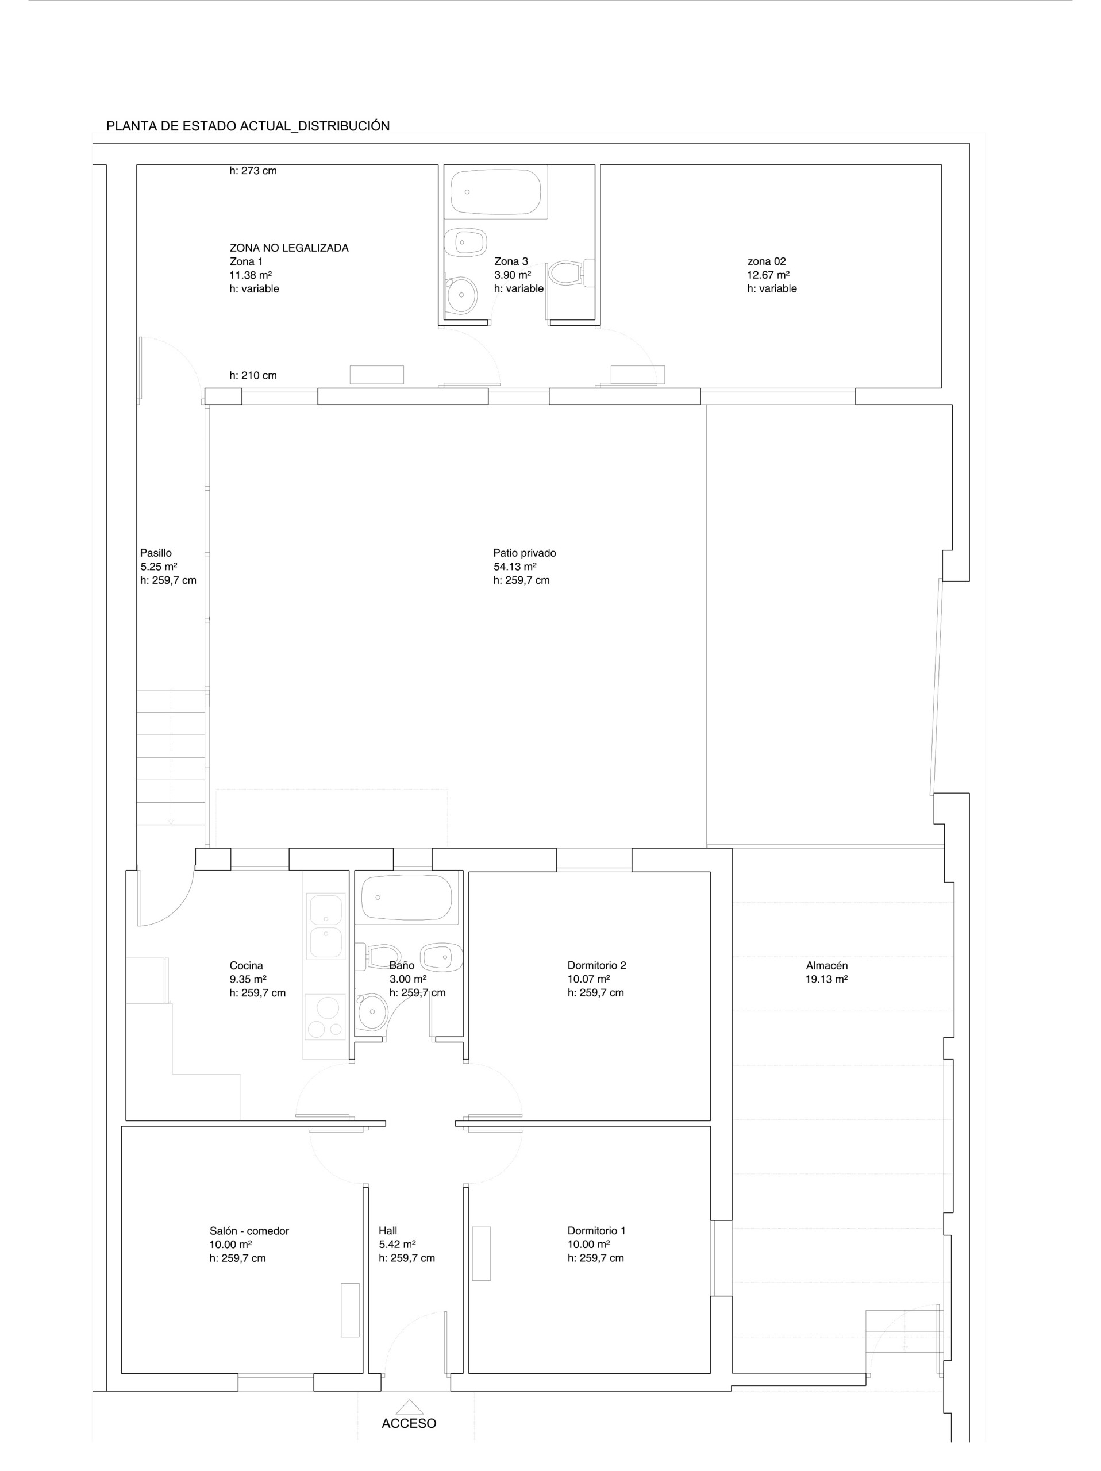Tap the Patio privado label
point(524,553)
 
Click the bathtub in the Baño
point(406,897)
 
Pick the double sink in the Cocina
point(326,925)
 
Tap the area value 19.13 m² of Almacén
point(826,979)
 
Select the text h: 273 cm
point(253,171)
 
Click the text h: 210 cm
point(253,375)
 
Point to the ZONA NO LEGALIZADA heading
point(288,248)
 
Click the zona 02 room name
point(766,261)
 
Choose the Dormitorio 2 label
point(596,965)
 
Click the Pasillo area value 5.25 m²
point(158,567)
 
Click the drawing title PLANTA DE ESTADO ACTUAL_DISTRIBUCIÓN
point(247,126)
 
